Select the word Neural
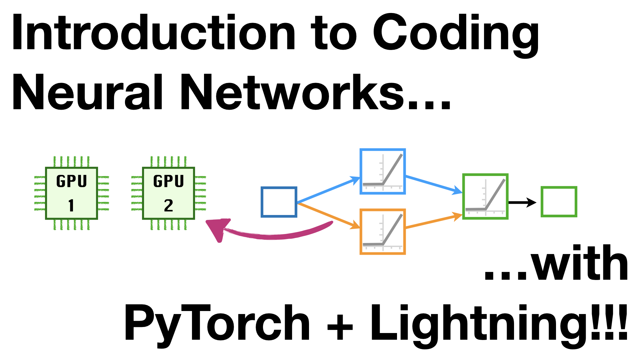pyautogui.click(x=87, y=93)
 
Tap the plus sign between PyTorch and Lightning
pyautogui.click(x=340, y=326)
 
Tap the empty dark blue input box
pyautogui.click(x=279, y=202)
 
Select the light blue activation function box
pyautogui.click(x=383, y=171)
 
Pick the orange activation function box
pyautogui.click(x=383, y=232)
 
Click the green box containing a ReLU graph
pyautogui.click(x=485, y=196)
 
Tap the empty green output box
pyautogui.click(x=559, y=202)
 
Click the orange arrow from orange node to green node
pyautogui.click(x=433, y=222)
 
